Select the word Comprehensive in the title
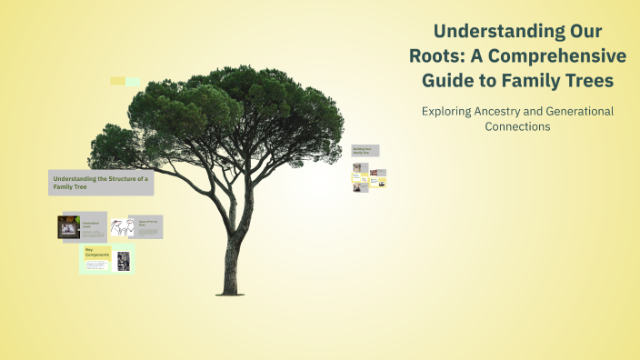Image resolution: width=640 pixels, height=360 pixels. click(x=563, y=55)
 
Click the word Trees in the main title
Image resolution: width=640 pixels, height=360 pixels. click(x=584, y=81)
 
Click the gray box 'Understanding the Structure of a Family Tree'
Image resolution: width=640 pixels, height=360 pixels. click(x=100, y=183)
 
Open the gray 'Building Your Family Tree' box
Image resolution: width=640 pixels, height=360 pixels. click(x=365, y=151)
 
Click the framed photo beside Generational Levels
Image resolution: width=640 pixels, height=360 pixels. click(x=68, y=226)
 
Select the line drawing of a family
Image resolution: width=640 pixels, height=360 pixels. click(x=118, y=227)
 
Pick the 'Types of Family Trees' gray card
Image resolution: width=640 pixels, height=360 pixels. click(x=146, y=226)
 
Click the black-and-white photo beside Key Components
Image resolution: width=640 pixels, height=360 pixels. click(x=123, y=261)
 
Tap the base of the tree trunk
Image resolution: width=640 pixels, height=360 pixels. click(x=229, y=290)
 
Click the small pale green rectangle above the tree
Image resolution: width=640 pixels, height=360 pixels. click(x=133, y=82)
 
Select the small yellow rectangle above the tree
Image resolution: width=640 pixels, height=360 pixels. click(x=117, y=81)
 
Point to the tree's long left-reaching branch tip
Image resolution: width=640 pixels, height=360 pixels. click(x=92, y=144)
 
